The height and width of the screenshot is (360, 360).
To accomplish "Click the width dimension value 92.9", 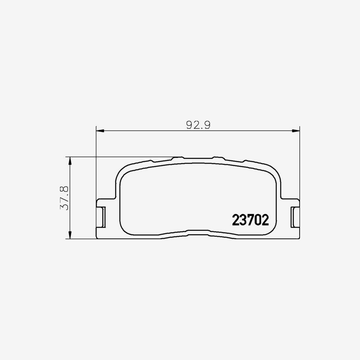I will pyautogui.click(x=198, y=124).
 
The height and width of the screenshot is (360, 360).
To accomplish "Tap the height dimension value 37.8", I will pyautogui.click(x=64, y=198).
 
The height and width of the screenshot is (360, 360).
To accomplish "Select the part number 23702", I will pyautogui.click(x=250, y=220).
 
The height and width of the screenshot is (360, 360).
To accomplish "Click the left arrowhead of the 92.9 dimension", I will pyautogui.click(x=100, y=130).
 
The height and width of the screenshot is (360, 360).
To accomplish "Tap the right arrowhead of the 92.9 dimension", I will pyautogui.click(x=296, y=130).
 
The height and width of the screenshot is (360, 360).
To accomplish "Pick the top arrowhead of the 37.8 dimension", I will pyautogui.click(x=70, y=160).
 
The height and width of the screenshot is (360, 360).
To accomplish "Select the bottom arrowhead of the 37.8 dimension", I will pyautogui.click(x=70, y=236).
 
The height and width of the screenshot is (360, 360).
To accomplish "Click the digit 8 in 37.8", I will pyautogui.click(x=64, y=188).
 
